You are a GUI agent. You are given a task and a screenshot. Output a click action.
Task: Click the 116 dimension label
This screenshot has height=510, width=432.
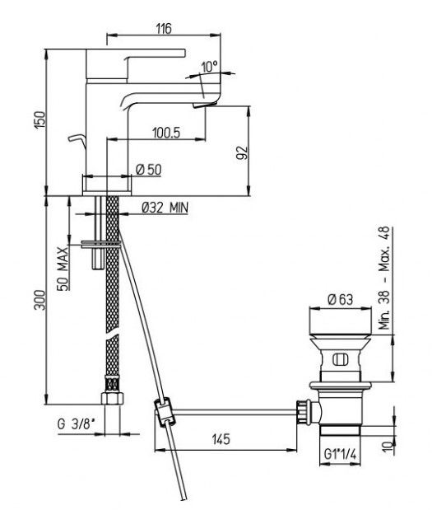tap(164, 29)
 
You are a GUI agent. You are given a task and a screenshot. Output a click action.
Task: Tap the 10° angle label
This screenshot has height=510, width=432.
tap(209, 67)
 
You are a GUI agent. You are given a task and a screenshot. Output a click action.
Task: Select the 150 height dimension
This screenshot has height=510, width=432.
tap(40, 119)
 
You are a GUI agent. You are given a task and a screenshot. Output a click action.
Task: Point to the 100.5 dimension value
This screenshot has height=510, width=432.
tap(166, 133)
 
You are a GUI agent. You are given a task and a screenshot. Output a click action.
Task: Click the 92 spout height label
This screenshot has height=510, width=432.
tap(242, 152)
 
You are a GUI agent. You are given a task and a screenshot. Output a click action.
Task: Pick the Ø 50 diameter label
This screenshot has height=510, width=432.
tap(149, 170)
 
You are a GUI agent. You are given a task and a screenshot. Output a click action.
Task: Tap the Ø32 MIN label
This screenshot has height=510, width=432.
tap(165, 207)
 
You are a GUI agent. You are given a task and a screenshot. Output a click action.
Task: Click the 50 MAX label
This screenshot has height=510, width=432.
tap(63, 269)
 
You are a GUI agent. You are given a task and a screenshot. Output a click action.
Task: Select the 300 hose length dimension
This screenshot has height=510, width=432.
tap(40, 300)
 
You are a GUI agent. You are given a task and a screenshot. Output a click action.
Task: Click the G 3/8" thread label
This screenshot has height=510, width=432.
tap(77, 424)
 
